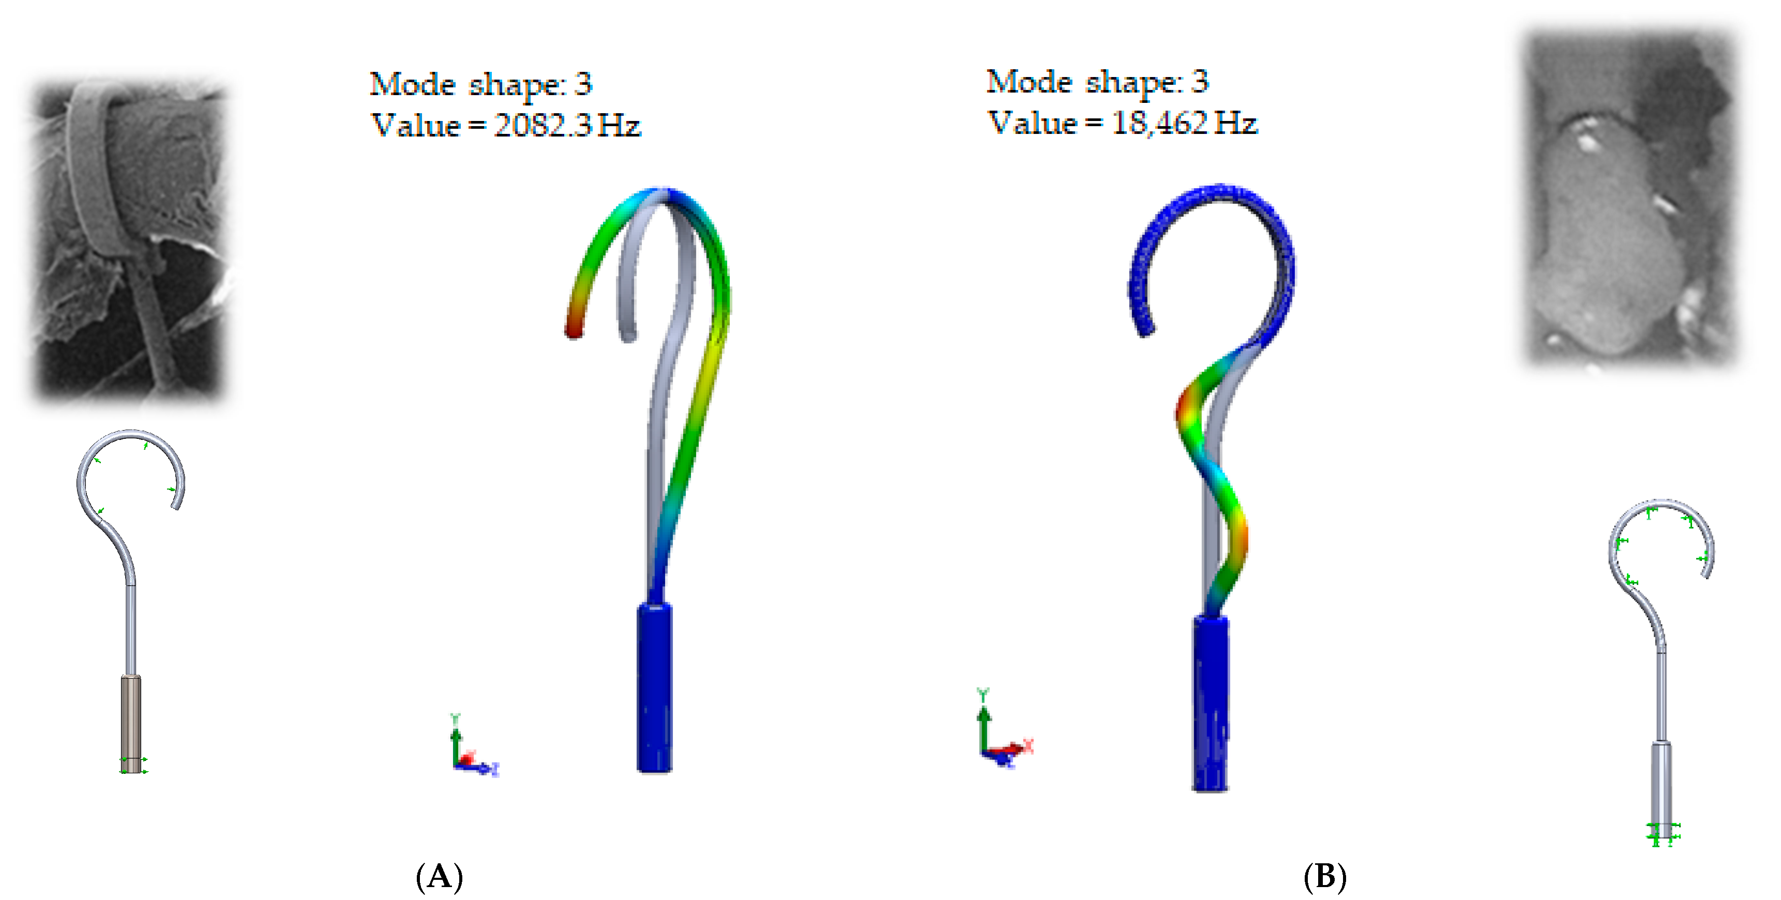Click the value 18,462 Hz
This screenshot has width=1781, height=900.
1184,123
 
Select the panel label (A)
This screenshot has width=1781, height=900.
440,877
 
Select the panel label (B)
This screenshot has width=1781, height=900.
1325,877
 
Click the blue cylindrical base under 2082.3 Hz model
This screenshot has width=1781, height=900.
654,687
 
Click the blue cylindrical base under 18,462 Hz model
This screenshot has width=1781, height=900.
1211,703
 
